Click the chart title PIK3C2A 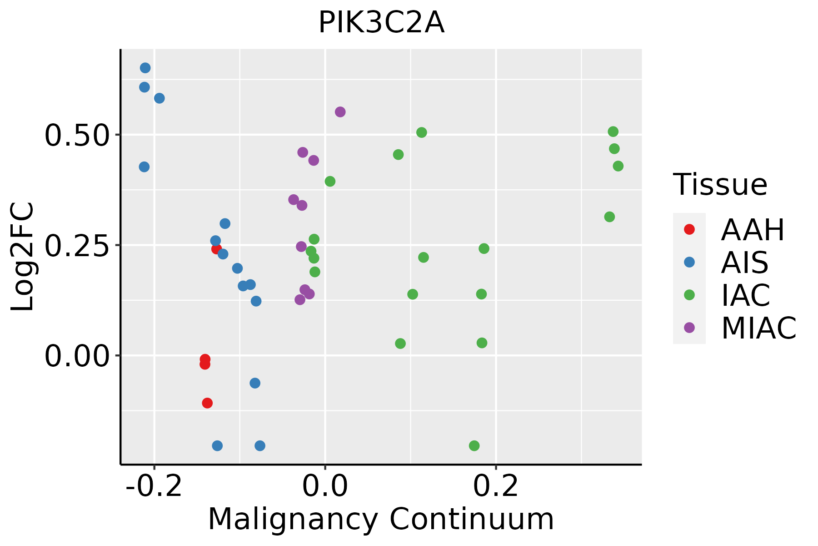coord(381,23)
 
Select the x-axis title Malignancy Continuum coord(381,519)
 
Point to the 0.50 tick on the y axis coord(77,135)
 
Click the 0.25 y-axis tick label coord(77,245)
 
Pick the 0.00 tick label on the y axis coord(77,356)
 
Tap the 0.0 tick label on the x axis coord(325,486)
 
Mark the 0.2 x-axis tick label coord(496,486)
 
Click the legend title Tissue coord(720,185)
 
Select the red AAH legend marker coord(689,229)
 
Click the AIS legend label coord(744,263)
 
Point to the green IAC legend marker coord(689,295)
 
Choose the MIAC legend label coord(758,328)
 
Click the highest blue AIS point coord(145,68)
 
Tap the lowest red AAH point coord(207,403)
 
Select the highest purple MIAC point coord(340,112)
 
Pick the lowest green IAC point coord(474,445)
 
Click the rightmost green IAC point coord(618,166)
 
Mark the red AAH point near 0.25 coord(216,249)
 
